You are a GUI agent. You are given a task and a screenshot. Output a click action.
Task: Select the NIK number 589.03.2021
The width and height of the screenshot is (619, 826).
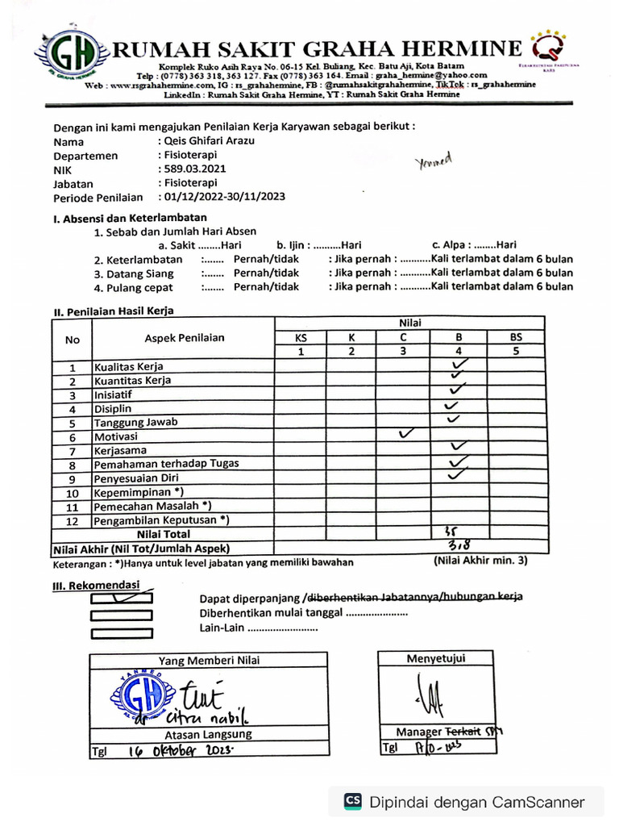(194, 169)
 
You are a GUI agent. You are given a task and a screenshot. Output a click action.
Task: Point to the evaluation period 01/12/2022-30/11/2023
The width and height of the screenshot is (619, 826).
(223, 197)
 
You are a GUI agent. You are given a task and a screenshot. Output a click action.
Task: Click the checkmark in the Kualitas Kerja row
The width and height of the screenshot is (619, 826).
(462, 365)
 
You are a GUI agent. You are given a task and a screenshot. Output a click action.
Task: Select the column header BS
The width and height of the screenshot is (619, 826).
(516, 337)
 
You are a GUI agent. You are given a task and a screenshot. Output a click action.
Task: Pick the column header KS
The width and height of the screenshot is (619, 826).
(301, 337)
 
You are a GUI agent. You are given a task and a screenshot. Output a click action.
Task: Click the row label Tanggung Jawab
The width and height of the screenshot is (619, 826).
(136, 422)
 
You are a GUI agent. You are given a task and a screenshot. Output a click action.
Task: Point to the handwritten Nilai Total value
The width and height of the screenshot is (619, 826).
(451, 532)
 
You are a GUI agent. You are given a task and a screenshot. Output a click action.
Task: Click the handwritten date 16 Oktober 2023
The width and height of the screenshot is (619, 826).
(181, 750)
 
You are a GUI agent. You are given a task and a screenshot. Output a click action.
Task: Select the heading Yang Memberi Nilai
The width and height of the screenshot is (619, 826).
(209, 661)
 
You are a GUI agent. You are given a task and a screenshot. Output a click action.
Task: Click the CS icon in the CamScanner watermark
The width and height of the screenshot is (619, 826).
(352, 801)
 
